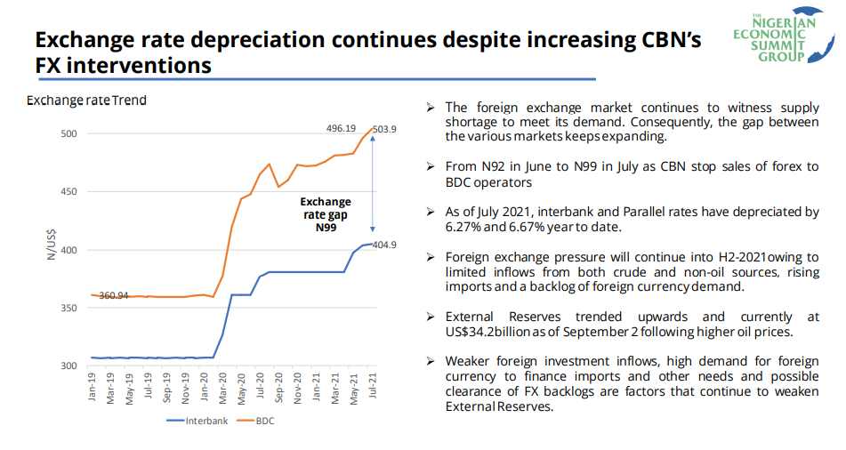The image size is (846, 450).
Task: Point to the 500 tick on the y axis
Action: click(68, 134)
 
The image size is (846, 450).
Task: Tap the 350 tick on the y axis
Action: click(68, 309)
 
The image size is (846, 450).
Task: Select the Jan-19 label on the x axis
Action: click(93, 388)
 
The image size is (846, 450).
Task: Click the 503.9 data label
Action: click(384, 130)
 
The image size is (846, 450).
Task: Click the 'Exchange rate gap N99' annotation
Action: click(325, 214)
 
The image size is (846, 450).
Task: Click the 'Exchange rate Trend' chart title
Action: click(86, 100)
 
